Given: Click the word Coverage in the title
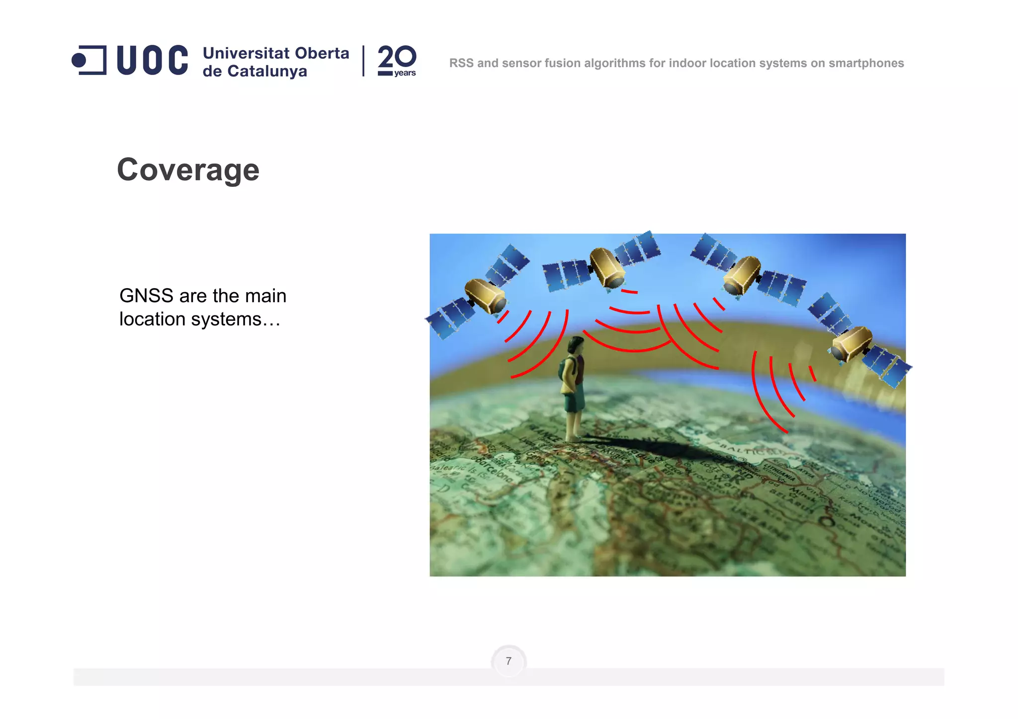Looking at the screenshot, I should tap(188, 170).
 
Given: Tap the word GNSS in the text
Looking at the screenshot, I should tap(146, 296).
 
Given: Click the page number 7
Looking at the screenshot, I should tap(509, 661).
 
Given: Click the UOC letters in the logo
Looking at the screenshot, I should tap(152, 61).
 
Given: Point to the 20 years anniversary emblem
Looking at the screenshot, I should tap(397, 61).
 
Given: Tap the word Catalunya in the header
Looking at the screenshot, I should tap(267, 72).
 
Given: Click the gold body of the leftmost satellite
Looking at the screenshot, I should tap(485, 296).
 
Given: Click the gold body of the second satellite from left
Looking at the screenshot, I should tap(607, 267).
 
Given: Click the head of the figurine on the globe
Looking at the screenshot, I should tap(576, 344).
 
